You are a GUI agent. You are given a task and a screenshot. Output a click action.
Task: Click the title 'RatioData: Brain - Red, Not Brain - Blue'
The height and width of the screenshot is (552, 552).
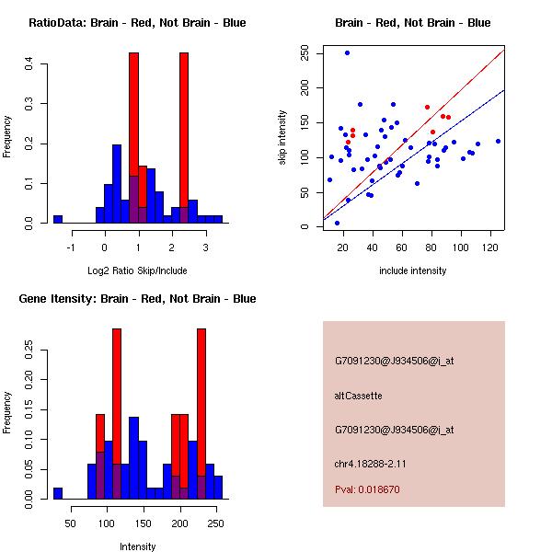[137, 23]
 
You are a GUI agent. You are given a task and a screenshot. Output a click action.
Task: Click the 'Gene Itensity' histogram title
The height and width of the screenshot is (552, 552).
[137, 299]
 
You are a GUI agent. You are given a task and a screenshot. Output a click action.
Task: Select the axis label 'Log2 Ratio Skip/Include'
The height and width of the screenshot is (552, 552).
[137, 270]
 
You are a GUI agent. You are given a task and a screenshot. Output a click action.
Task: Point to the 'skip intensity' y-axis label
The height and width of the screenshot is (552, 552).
[283, 138]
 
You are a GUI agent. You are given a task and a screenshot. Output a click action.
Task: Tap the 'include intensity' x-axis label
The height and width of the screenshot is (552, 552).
[413, 270]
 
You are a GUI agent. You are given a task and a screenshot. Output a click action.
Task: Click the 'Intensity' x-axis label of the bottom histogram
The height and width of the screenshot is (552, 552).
[138, 546]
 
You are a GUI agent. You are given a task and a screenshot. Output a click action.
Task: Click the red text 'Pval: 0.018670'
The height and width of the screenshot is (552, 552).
[367, 489]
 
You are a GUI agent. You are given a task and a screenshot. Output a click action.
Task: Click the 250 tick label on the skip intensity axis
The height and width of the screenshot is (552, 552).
[305, 53]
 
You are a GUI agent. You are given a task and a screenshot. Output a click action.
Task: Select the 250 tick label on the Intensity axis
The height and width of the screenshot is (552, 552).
[215, 523]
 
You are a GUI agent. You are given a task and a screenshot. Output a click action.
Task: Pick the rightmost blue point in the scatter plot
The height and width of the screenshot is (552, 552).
[498, 141]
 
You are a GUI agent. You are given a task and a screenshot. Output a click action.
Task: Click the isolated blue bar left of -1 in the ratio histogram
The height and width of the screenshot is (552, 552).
[58, 219]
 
